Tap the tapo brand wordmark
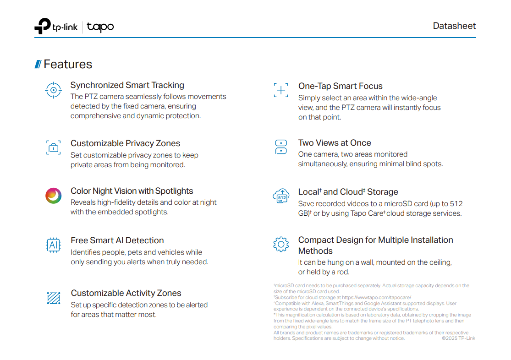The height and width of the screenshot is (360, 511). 100,27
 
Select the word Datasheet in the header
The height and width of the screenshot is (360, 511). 454,26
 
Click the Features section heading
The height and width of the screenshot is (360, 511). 67,65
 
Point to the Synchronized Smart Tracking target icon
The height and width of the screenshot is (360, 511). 54,90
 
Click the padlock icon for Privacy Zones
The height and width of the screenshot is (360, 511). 54,147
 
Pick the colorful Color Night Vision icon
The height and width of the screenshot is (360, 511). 54,196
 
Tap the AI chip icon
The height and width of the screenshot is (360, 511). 54,245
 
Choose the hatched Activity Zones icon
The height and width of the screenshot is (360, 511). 54,298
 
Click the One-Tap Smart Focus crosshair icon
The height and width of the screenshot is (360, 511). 281,90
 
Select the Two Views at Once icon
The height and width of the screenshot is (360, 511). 281,147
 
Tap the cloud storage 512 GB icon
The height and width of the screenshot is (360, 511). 281,196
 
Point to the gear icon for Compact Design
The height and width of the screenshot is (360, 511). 281,244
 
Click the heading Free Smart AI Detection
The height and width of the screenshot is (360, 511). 117,240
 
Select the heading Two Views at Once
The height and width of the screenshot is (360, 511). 335,143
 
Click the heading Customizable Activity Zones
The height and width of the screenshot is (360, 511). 126,293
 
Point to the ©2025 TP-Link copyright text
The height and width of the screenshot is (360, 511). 458,338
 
